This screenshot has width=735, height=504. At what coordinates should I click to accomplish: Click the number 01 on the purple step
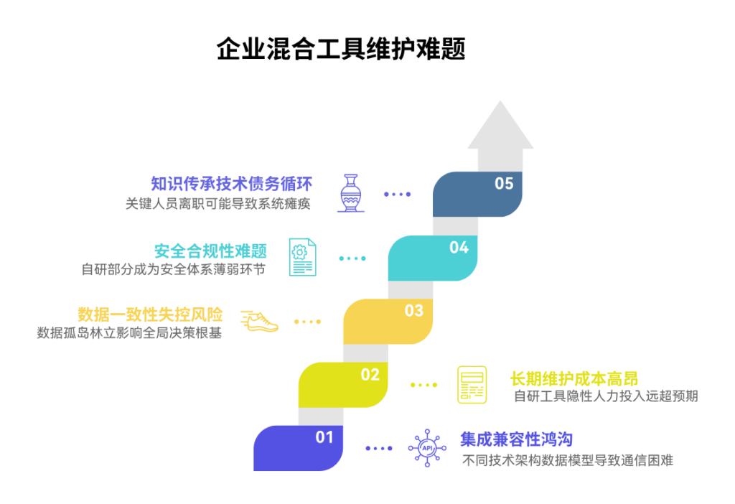tap(324, 437)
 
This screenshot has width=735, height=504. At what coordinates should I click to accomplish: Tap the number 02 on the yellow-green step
tap(370, 375)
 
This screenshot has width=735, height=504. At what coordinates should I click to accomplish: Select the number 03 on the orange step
tap(414, 311)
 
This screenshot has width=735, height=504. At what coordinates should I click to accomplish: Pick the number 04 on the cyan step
tap(459, 248)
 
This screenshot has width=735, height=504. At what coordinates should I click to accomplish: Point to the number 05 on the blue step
tap(504, 184)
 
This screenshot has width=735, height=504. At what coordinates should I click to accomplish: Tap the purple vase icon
tap(351, 193)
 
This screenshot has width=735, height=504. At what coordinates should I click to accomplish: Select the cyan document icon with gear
tap(301, 257)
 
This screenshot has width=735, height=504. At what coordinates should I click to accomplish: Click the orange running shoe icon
tap(259, 321)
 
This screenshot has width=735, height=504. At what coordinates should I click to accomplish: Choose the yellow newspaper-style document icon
tap(472, 385)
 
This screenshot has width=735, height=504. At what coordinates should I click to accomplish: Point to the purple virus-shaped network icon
tap(427, 448)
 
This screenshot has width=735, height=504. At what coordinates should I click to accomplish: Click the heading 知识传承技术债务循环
tap(231, 184)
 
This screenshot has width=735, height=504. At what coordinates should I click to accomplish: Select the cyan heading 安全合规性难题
tap(210, 251)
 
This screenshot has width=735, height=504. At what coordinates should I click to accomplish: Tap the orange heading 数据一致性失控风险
tap(150, 314)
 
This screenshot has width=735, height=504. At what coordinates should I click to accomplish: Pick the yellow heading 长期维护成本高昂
tap(574, 378)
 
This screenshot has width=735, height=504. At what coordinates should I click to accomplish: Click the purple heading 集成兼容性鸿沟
tap(516, 439)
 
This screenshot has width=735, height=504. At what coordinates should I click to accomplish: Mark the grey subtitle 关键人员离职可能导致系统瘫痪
tap(218, 203)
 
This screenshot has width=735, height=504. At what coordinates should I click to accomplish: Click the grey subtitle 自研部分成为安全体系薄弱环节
tap(174, 269)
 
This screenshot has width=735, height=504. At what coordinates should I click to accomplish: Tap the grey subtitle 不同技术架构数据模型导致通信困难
tap(567, 460)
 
